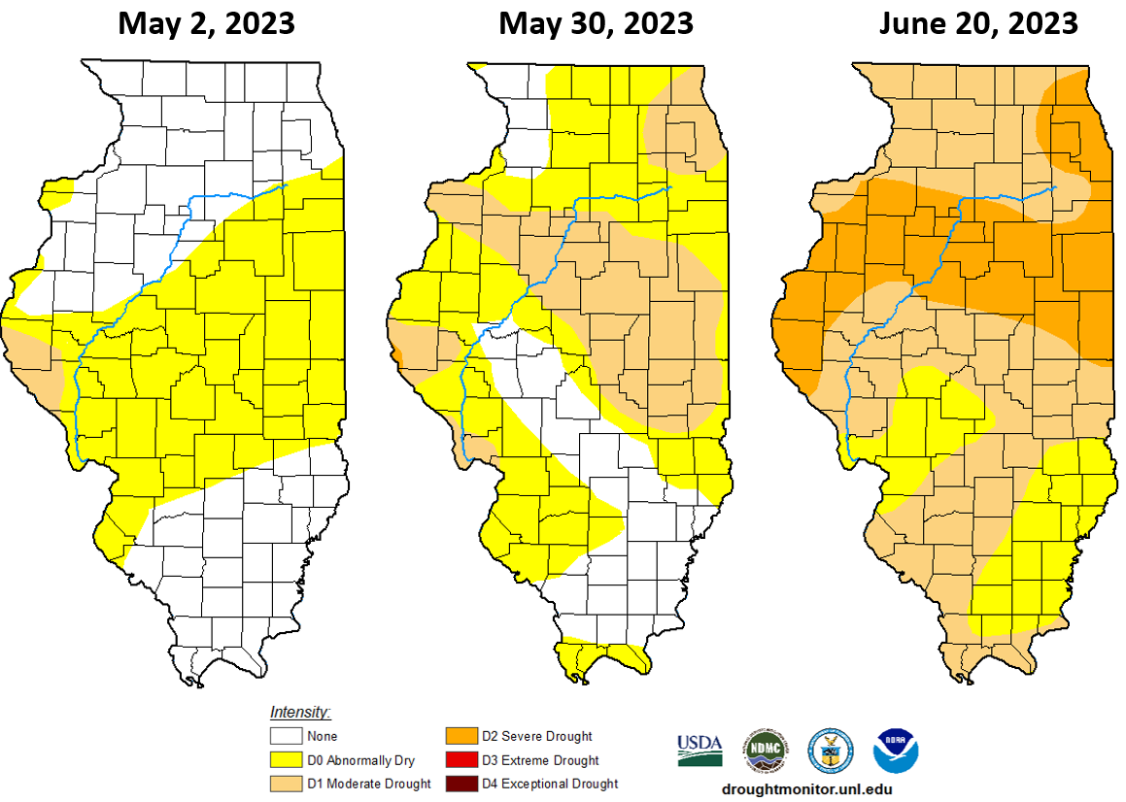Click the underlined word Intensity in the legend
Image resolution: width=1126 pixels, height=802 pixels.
click(x=300, y=712)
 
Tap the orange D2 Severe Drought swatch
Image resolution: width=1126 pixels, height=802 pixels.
click(x=461, y=737)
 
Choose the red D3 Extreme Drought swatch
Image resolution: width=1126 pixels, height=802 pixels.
click(x=461, y=760)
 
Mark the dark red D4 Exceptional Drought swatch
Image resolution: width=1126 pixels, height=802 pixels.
click(x=461, y=784)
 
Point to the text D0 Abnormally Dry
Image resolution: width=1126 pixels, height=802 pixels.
click(x=359, y=760)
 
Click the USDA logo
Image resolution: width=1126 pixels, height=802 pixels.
click(x=699, y=749)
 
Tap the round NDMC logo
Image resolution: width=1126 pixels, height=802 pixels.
click(x=766, y=750)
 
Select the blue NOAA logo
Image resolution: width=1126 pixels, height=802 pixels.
click(x=896, y=750)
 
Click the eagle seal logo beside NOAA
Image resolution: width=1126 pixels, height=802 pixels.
click(x=831, y=750)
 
